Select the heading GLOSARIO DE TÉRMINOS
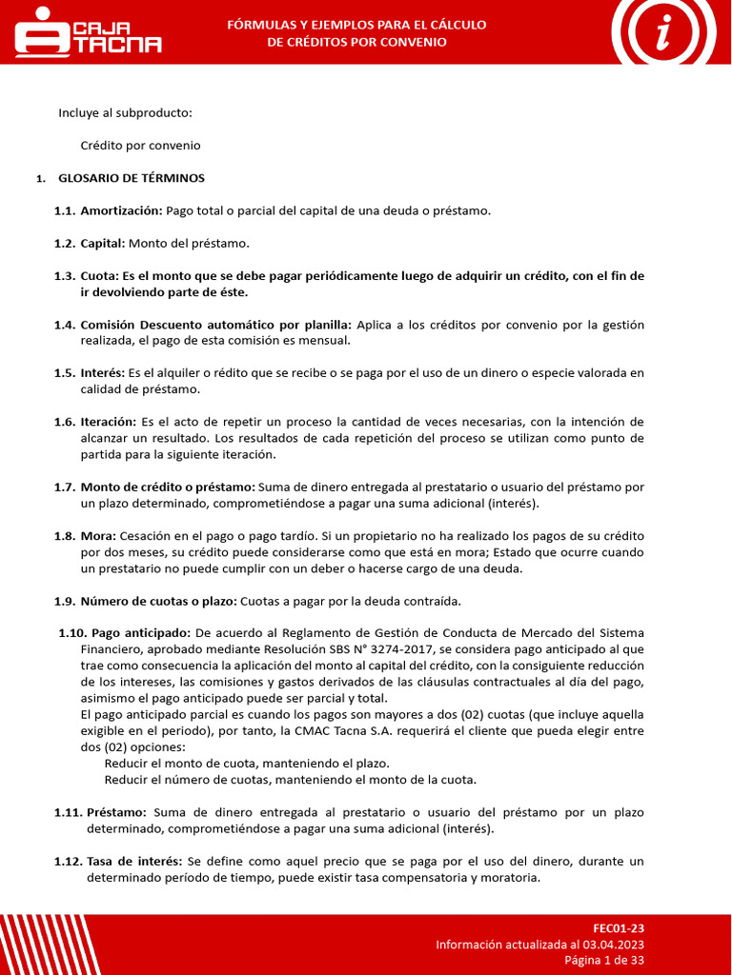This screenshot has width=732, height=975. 132,178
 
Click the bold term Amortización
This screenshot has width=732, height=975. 121,210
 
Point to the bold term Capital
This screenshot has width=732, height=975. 103,243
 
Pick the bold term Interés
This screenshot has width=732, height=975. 102,373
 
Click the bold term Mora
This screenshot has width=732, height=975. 97,536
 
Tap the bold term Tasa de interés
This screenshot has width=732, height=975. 134,862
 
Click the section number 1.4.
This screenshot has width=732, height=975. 65,325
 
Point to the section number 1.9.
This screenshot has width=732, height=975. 65,602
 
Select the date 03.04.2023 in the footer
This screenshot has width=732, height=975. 614,945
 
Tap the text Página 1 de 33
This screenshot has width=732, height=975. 604,960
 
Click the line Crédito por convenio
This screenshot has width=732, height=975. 140,146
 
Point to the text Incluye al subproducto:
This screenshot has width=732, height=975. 125,113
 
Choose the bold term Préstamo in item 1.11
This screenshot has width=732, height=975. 116,813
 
